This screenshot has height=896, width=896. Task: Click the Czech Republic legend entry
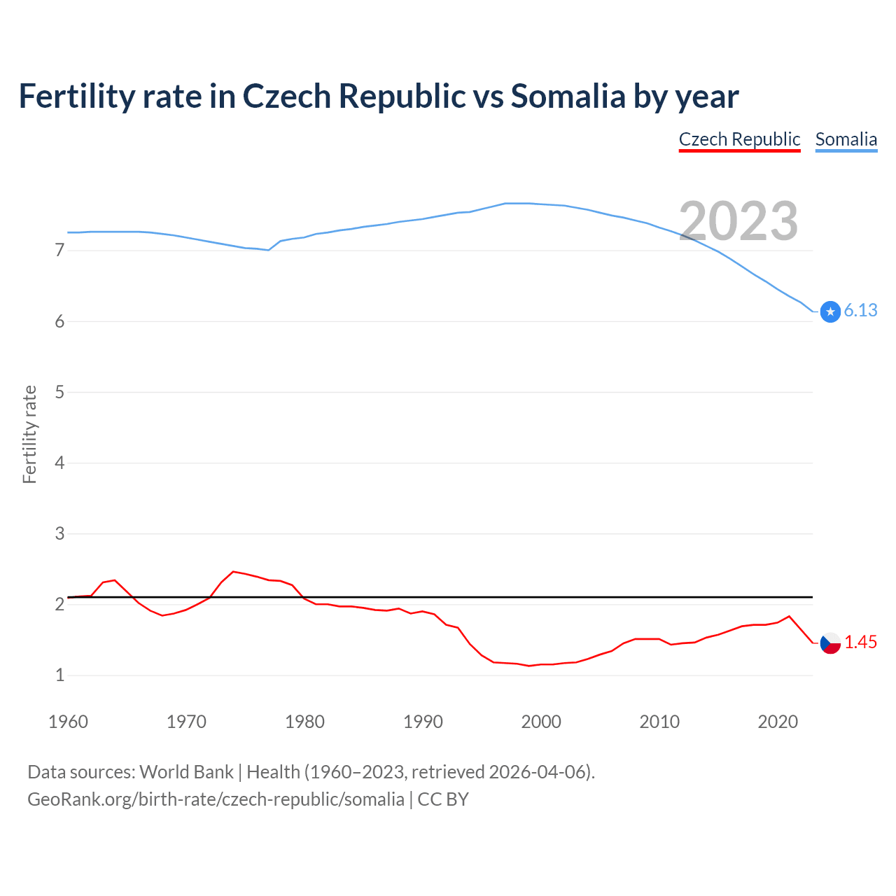click(x=739, y=139)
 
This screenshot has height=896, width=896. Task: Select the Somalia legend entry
click(x=846, y=139)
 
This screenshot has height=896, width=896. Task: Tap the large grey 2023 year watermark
click(x=738, y=221)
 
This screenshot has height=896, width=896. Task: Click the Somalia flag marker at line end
click(x=830, y=311)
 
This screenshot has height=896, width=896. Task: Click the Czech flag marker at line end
click(x=830, y=643)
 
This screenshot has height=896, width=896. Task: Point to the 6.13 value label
click(x=860, y=311)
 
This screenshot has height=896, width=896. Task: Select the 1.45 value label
click(x=860, y=642)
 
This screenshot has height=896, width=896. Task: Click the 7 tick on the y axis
click(x=59, y=251)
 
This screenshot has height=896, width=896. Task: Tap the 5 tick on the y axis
click(x=59, y=392)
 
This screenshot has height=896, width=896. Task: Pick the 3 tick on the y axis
click(x=59, y=533)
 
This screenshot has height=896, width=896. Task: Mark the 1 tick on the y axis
click(x=59, y=675)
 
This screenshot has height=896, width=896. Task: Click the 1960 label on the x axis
click(x=68, y=722)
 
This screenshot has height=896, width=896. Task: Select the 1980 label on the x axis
click(x=304, y=722)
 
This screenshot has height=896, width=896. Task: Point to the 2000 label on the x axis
click(x=541, y=722)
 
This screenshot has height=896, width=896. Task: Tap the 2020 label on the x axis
click(x=778, y=722)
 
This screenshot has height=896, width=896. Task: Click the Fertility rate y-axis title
click(x=29, y=434)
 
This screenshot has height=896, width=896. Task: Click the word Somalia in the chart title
click(x=568, y=96)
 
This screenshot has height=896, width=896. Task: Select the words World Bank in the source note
click(x=186, y=772)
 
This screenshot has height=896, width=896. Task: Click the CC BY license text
click(x=443, y=799)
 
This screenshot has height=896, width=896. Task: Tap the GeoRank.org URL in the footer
click(x=216, y=799)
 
